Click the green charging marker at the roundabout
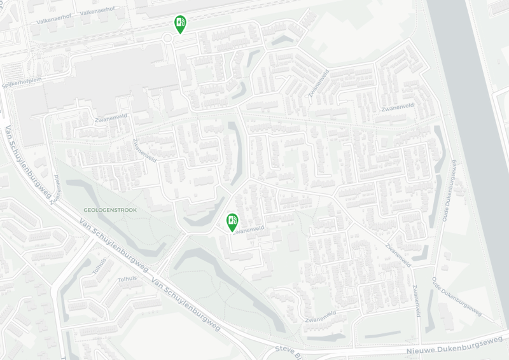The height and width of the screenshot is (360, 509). [x=181, y=24]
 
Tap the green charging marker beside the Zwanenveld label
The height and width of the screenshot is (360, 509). [x=232, y=221]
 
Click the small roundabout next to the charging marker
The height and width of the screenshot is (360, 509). [x=168, y=38]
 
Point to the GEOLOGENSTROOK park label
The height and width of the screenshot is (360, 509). [x=110, y=209]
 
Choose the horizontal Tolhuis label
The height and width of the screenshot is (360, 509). [x=127, y=279]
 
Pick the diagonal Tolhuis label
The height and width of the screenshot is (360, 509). [x=100, y=265]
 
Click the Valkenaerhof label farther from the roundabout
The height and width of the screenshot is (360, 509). [x=55, y=20]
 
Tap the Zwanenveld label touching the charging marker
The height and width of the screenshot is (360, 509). [x=250, y=229]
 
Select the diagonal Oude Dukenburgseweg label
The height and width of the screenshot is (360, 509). [x=456, y=296]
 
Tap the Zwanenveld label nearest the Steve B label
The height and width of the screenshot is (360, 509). [x=320, y=316]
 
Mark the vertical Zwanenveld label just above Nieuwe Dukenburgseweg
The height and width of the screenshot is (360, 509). [x=416, y=300]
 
